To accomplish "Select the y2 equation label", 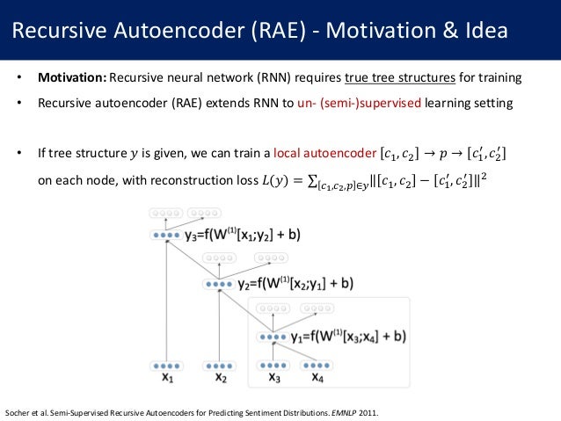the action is point(296,284).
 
